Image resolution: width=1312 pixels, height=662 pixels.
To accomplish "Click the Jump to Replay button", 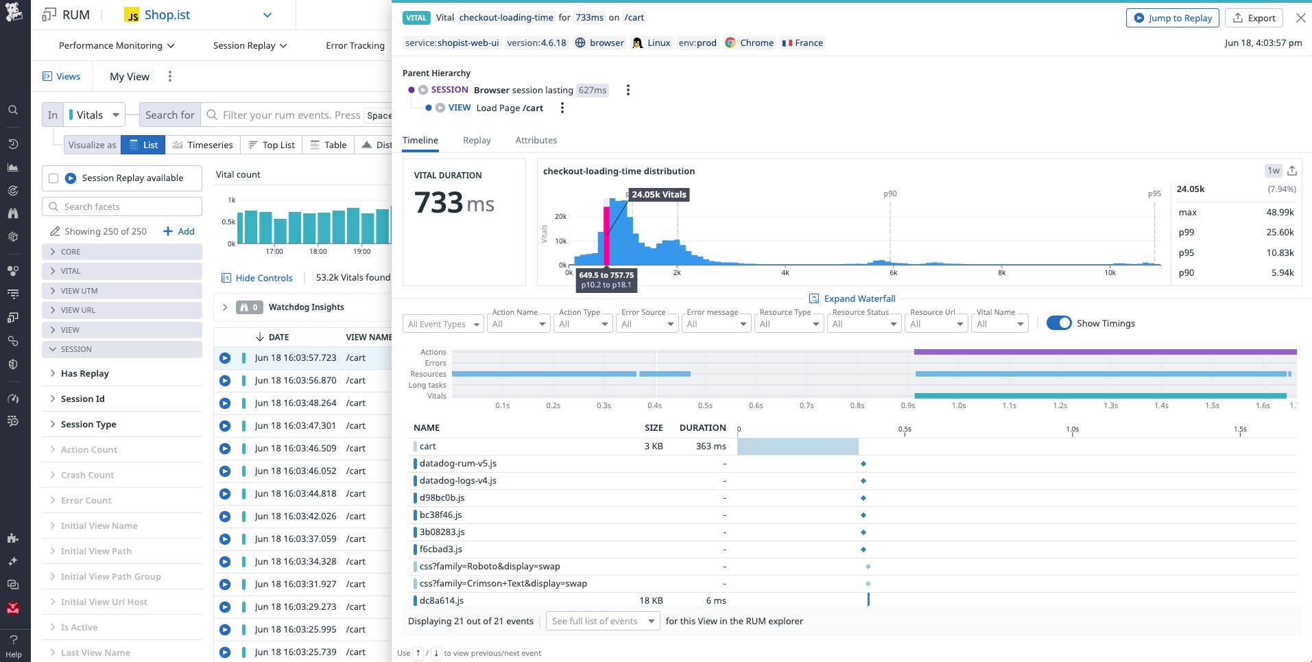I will click(1172, 18).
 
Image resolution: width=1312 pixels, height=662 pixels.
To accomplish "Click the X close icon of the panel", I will click(1300, 18).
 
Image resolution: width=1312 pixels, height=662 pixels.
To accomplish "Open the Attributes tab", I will click(536, 140).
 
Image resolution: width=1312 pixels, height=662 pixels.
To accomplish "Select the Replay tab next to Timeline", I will click(477, 140).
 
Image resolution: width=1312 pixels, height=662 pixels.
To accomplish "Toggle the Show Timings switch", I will click(1059, 323).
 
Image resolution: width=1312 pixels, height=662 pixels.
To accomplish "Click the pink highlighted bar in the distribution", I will click(606, 233).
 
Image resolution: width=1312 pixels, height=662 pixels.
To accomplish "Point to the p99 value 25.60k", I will click(1280, 232).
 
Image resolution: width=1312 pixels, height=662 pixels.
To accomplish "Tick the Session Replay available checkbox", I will click(53, 178).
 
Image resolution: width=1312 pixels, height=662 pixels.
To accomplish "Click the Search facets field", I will click(123, 206).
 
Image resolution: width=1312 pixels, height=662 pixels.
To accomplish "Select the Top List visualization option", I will click(272, 145).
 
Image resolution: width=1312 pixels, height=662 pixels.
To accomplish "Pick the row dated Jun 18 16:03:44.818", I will click(296, 493).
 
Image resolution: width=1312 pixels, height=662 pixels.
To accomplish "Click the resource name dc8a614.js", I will click(442, 600).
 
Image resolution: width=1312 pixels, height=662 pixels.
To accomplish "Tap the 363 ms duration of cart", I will click(711, 446).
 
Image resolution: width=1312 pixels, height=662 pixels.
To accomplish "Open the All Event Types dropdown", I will click(443, 324).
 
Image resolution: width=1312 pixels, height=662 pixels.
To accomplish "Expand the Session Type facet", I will click(88, 424).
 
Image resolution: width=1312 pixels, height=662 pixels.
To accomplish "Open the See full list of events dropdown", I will click(603, 621).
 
